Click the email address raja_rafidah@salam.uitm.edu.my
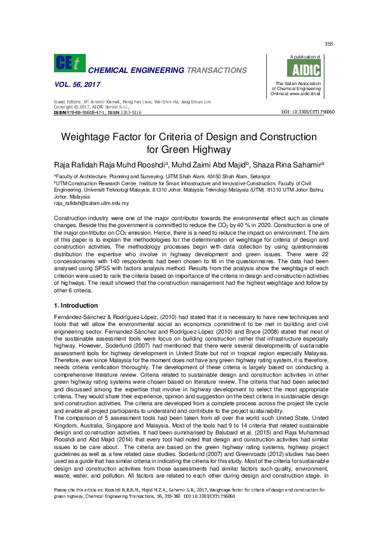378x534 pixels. tap(91, 203)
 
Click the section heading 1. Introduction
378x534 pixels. tap(78, 306)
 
